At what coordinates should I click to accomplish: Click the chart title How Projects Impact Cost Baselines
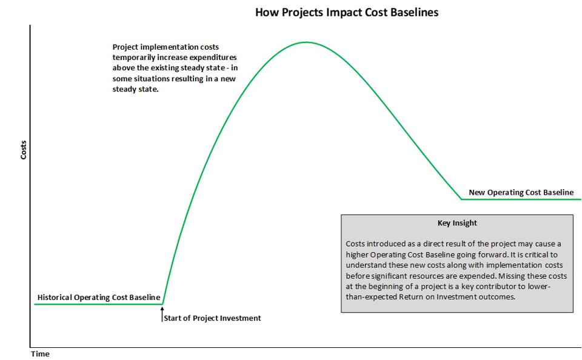pyautogui.click(x=346, y=12)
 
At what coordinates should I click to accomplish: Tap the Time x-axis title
pyautogui.click(x=40, y=354)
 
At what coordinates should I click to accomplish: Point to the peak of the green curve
pyautogui.click(x=306, y=42)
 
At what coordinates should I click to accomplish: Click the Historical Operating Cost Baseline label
pyautogui.click(x=99, y=298)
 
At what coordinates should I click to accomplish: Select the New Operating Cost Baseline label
pyautogui.click(x=521, y=193)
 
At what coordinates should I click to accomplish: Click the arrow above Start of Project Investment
pyautogui.click(x=162, y=313)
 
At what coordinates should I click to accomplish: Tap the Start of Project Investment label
pyautogui.click(x=213, y=318)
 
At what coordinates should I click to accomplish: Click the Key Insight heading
pyautogui.click(x=457, y=223)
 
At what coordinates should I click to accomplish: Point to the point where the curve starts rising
pyautogui.click(x=163, y=304)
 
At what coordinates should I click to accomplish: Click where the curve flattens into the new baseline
pyautogui.click(x=462, y=199)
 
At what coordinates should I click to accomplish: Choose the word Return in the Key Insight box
pyautogui.click(x=412, y=298)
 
